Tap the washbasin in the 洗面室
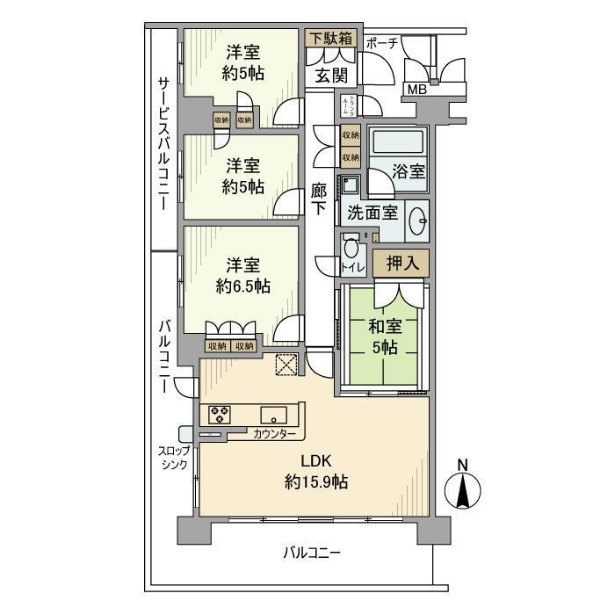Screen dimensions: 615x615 pyautogui.click(x=416, y=219)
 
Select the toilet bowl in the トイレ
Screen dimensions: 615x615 pyautogui.click(x=351, y=250)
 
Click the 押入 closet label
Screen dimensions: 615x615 pyautogui.click(x=400, y=262)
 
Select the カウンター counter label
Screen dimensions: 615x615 pyautogui.click(x=274, y=435)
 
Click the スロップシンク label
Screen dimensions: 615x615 pyautogui.click(x=173, y=458)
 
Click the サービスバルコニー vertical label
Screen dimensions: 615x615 pyautogui.click(x=163, y=141)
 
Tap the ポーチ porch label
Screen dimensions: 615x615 pyautogui.click(x=383, y=41)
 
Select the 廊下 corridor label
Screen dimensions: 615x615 pyautogui.click(x=319, y=199)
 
